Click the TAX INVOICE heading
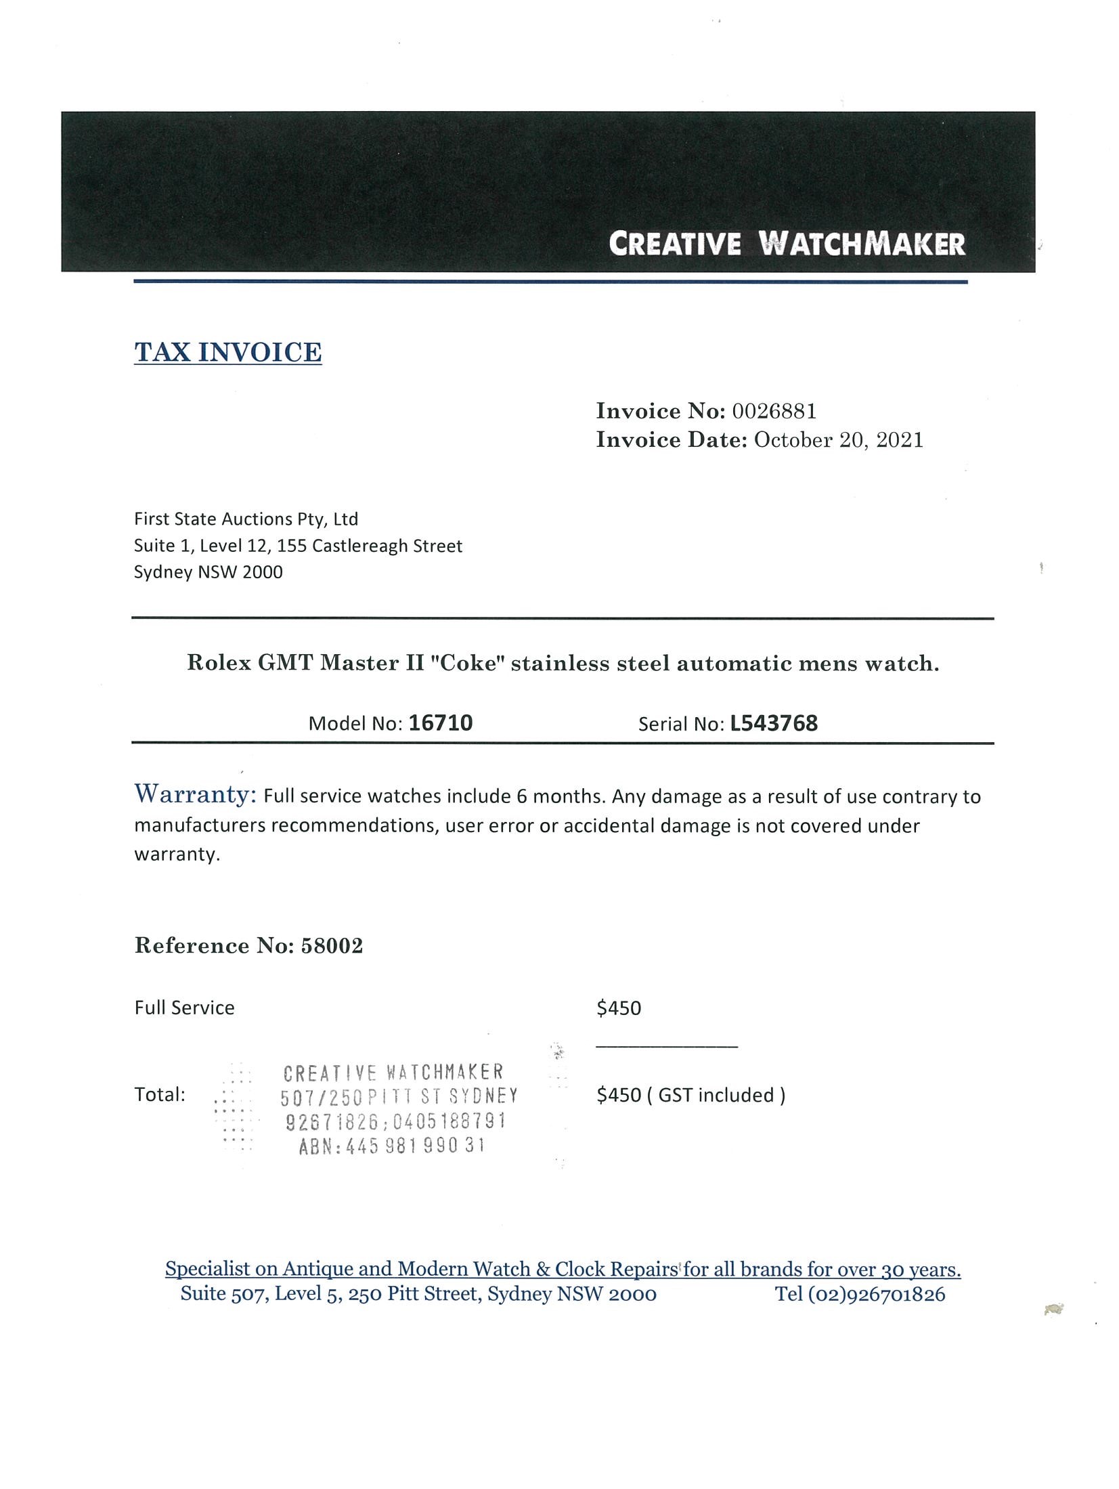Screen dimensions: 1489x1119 [x=227, y=352]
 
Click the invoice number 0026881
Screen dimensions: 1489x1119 [x=774, y=411]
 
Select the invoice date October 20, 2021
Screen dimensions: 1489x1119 [x=838, y=440]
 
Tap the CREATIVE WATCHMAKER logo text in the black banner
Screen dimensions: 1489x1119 [x=787, y=244]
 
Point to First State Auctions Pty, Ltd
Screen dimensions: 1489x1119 [x=246, y=519]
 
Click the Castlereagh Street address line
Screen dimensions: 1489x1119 [x=298, y=546]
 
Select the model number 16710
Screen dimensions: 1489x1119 [x=440, y=723]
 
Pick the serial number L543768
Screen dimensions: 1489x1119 [x=773, y=723]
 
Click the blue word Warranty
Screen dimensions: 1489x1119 [x=195, y=794]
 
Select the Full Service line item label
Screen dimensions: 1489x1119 [x=184, y=1008]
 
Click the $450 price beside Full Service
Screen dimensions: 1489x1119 [x=618, y=1008]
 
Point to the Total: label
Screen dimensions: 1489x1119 [x=160, y=1095]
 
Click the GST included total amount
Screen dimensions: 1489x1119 [x=690, y=1095]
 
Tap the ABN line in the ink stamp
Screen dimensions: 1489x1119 [x=392, y=1146]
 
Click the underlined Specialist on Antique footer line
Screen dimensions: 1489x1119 [x=563, y=1269]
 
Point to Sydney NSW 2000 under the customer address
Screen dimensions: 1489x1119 [x=208, y=572]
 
